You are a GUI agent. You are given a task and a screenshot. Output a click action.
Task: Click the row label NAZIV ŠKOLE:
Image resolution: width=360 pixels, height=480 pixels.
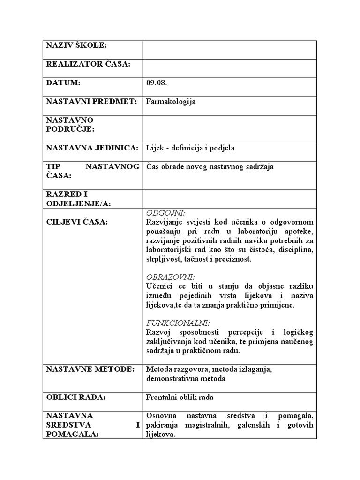76,45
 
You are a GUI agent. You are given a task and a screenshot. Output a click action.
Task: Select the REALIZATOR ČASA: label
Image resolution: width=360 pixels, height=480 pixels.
88,64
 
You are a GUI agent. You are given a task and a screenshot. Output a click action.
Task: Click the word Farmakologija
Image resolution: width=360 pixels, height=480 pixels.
171,102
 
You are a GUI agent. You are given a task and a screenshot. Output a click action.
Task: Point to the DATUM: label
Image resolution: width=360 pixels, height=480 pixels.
63,83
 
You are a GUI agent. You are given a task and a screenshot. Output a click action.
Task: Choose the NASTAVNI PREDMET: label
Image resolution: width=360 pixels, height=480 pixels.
91,102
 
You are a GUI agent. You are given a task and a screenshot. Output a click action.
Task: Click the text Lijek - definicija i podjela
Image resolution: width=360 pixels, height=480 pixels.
190,148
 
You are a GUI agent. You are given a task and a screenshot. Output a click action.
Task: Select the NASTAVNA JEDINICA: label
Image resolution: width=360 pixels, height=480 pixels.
92,148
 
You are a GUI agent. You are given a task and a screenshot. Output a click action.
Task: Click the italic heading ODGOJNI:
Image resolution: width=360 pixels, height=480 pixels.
163,213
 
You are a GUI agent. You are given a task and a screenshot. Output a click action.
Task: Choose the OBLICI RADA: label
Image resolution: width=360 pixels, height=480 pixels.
75,397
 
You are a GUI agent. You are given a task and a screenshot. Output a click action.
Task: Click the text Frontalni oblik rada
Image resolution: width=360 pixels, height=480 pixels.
180,397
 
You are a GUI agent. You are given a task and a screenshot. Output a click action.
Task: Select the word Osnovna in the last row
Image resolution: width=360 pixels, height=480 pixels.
161,416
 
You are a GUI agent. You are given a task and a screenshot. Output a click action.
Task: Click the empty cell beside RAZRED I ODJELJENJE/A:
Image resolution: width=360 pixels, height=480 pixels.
230,199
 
